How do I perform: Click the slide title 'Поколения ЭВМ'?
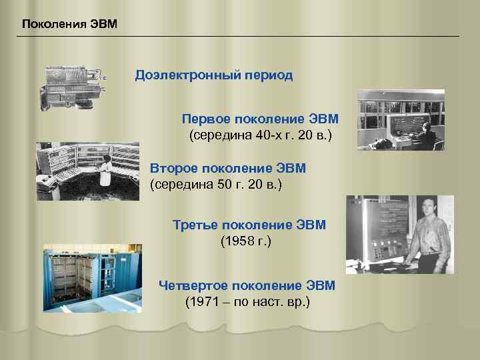point(69,25)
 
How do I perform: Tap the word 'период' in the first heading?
point(268,75)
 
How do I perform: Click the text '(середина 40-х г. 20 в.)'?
point(261,136)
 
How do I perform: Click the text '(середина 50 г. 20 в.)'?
point(217,184)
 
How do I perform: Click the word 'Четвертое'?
point(191,285)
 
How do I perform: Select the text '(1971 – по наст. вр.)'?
point(247,302)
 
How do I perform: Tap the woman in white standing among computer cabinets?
point(105,171)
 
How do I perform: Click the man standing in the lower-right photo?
point(427,235)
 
